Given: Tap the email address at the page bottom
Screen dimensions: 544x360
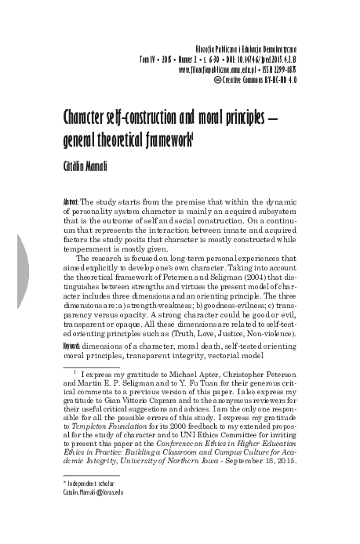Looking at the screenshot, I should (93, 491).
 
